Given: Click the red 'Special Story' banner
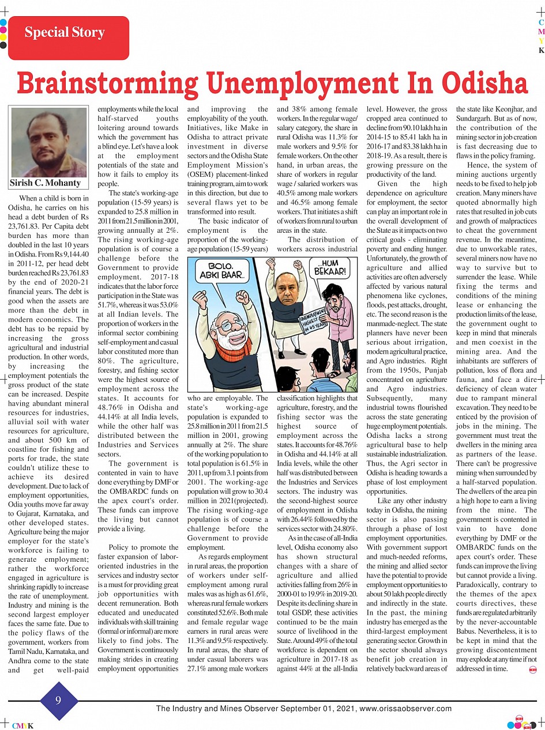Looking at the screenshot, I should (x=68, y=37).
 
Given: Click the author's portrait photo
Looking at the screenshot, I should (x=48, y=142).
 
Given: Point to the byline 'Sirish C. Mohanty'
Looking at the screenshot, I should (x=46, y=183).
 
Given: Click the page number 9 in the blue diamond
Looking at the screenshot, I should (x=58, y=701).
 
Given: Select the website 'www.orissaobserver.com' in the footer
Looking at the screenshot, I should (x=405, y=709).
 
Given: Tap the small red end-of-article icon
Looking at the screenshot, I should (x=532, y=668).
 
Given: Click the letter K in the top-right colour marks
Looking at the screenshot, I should (x=542, y=51).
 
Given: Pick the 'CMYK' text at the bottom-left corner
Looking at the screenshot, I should (x=22, y=726).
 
